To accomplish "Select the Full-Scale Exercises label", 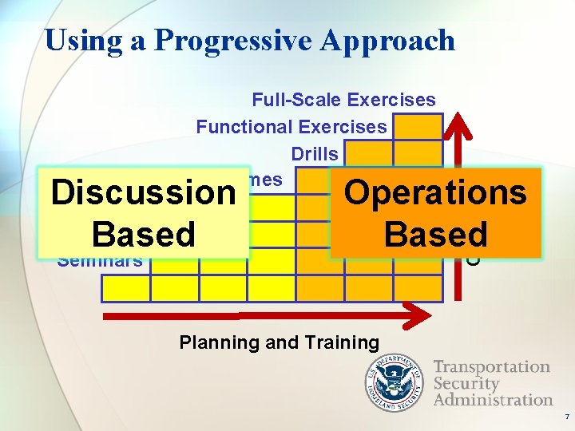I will pos(343,100).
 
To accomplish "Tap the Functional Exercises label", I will pos(291,126).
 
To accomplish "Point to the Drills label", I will pos(315,152).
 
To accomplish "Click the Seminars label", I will pos(100,260).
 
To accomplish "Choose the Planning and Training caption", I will pos(279,342).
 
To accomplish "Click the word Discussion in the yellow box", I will pos(143,193).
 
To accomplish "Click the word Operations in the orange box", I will pos(435,192).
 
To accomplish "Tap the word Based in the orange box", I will pos(435,235).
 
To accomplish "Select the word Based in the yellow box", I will pos(143,235).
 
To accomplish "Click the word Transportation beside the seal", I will pos(491,367).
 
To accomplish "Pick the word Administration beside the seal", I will pos(493,399).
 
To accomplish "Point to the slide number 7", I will pos(566,417).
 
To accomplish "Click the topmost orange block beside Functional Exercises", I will pos(418,127).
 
